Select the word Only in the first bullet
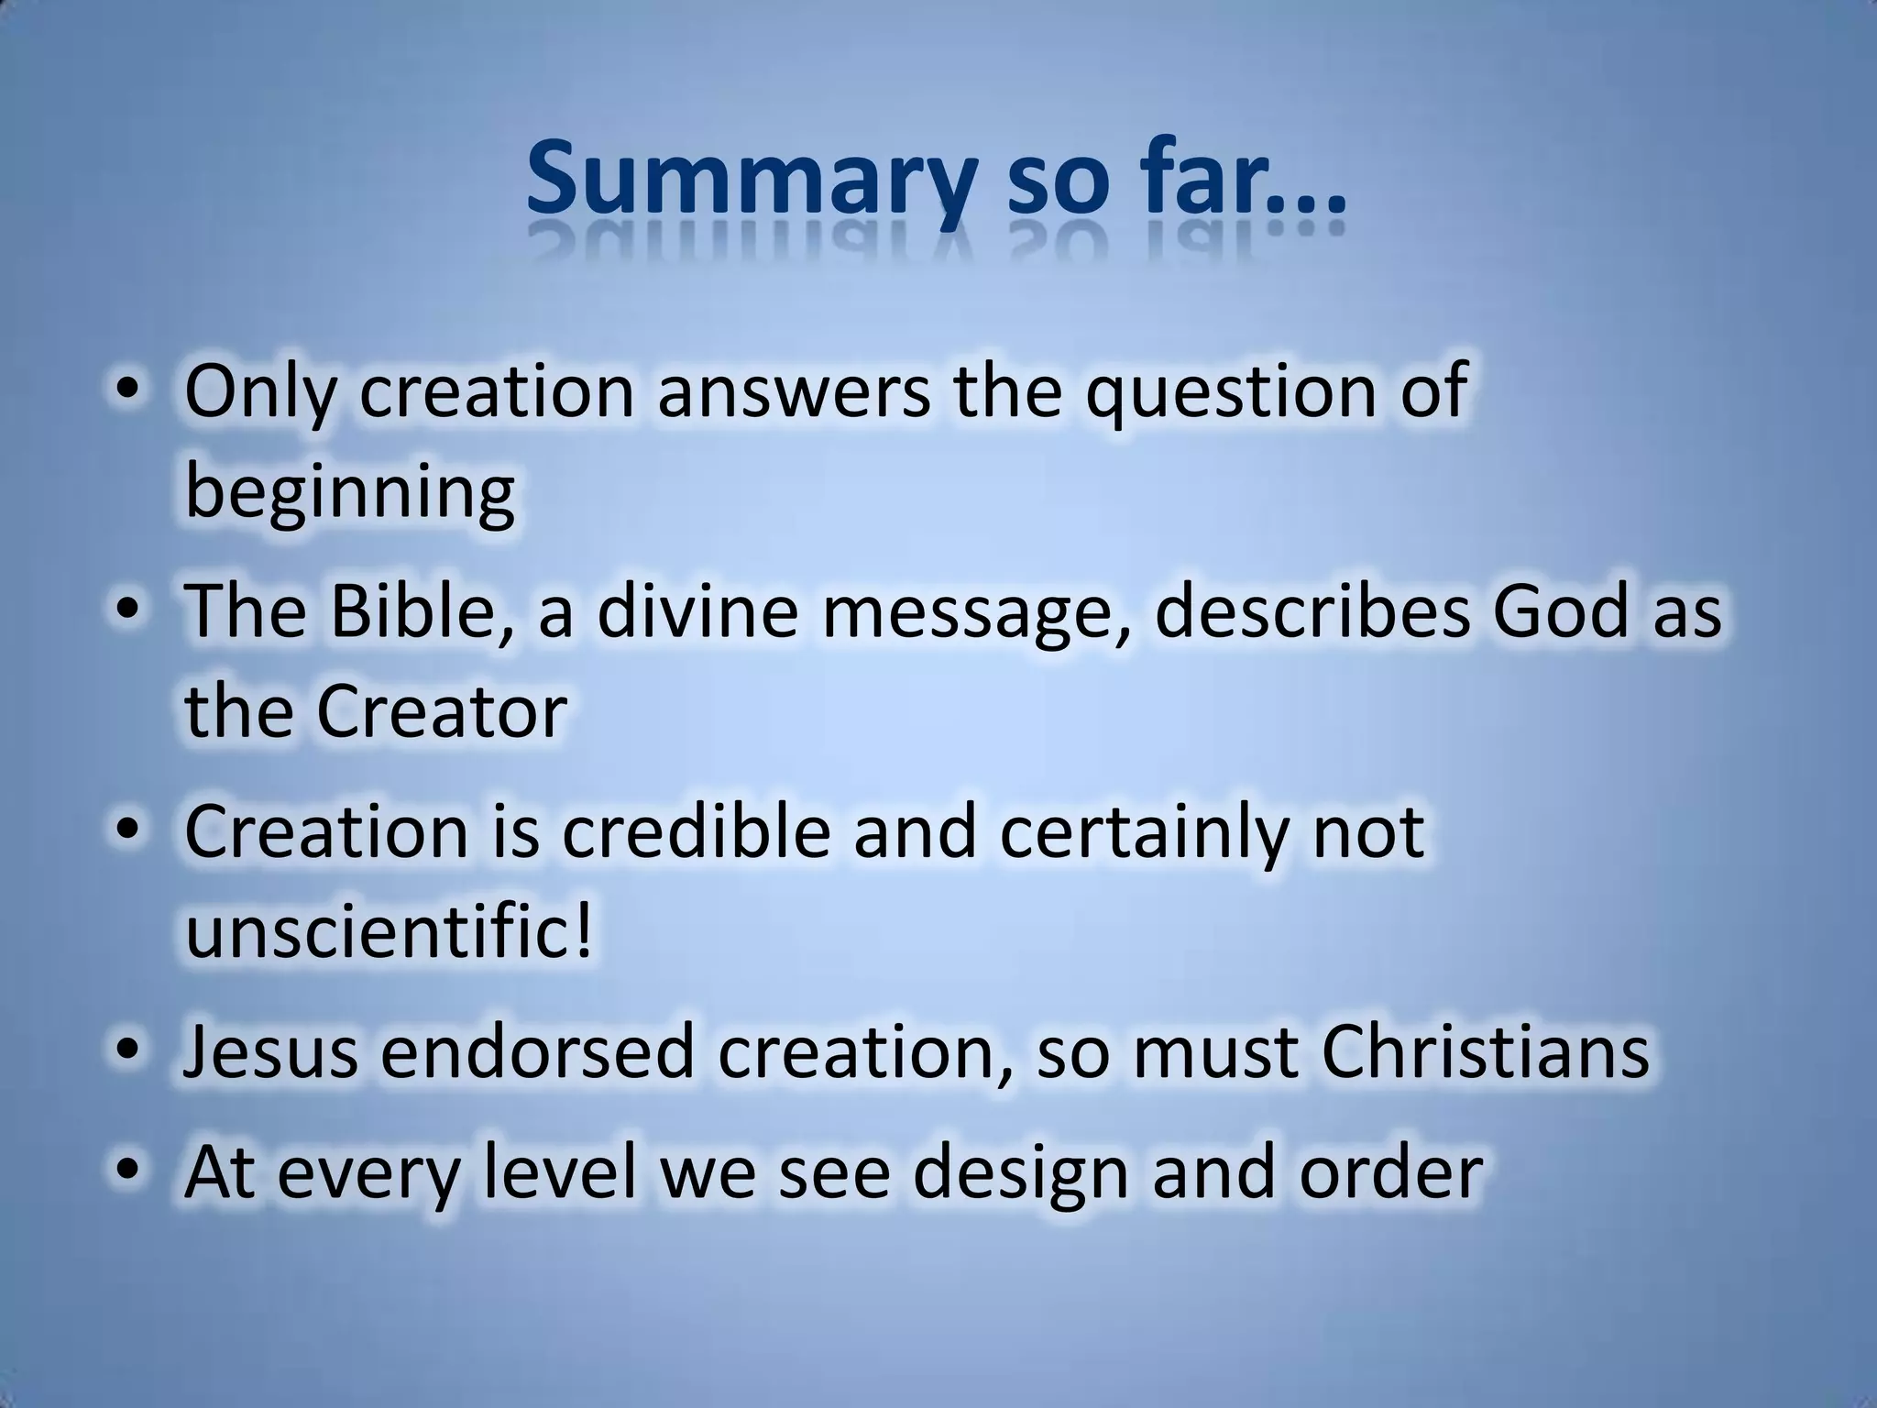click(x=260, y=392)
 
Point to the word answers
click(x=794, y=392)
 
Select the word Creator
click(x=442, y=711)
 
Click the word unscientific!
click(x=390, y=931)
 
